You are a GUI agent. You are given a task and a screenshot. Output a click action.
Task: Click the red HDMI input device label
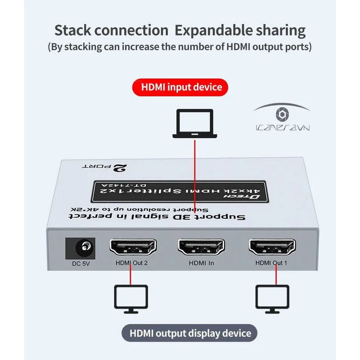click(x=180, y=87)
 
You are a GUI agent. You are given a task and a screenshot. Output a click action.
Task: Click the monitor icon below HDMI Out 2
click(x=131, y=298)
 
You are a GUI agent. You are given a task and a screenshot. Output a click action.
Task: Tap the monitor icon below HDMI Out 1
click(x=272, y=298)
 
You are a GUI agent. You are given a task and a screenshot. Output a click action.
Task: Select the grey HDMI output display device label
click(x=189, y=333)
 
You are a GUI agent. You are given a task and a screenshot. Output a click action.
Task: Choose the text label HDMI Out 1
click(x=271, y=263)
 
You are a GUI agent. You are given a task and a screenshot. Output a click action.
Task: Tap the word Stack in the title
click(x=74, y=31)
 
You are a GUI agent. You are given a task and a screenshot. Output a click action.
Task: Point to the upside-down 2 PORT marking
click(x=102, y=167)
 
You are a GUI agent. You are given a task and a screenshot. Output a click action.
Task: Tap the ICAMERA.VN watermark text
click(x=282, y=128)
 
